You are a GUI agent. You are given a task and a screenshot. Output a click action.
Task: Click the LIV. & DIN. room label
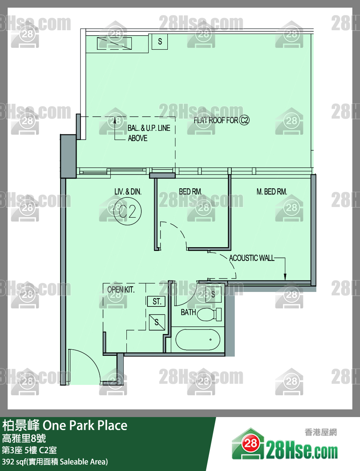128,192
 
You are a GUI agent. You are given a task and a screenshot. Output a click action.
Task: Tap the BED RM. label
190,191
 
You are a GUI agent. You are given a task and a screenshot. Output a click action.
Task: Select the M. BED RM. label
272,192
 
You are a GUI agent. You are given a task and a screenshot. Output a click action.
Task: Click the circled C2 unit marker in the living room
128,211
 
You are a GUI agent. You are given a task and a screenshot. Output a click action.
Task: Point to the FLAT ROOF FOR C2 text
222,120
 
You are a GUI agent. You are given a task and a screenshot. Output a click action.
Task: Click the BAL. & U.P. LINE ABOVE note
149,133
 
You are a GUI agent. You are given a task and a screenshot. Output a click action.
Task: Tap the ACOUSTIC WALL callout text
252,258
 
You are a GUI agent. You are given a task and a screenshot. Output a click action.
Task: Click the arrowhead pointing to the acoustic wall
285,277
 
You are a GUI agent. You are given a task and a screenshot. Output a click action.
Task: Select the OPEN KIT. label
121,290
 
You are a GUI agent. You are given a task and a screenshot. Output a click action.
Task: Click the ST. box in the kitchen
157,301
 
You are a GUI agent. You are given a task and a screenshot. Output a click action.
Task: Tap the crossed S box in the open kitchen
157,322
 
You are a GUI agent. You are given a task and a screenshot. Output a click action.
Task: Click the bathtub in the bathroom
198,340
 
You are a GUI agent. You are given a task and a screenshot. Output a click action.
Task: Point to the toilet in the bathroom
209,315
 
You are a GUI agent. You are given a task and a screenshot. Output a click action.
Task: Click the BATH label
188,312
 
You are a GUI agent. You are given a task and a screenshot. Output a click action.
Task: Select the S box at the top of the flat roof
160,41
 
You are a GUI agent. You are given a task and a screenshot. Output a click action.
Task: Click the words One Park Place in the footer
85,425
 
